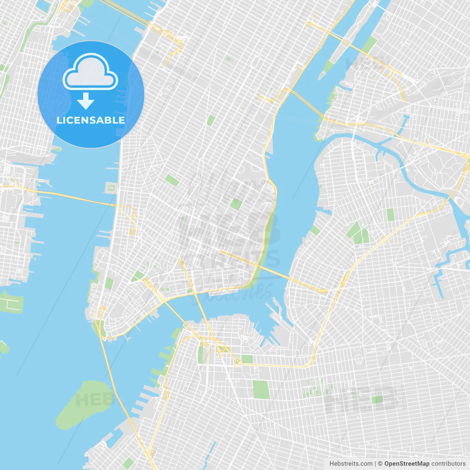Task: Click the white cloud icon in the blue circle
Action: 90,72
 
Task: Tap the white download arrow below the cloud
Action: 86,101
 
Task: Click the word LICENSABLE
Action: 91,120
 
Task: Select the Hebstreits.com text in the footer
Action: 351,464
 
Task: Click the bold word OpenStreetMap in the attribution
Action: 407,464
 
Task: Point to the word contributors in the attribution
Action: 448,464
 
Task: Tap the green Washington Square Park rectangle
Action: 172,180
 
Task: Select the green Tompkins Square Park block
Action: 236,203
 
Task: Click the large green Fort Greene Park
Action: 261,390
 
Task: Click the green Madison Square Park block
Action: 211,120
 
